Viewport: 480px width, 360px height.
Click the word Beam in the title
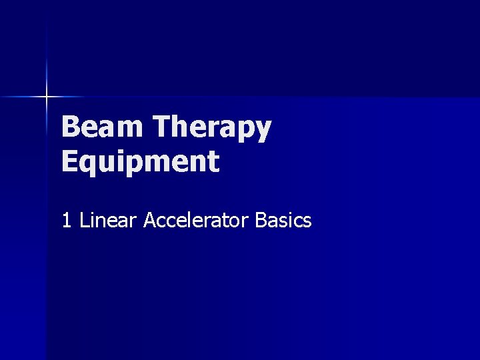click(103, 127)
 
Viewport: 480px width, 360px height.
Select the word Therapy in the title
click(212, 127)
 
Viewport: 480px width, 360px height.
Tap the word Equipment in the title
click(140, 162)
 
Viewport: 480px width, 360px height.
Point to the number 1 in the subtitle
click(66, 221)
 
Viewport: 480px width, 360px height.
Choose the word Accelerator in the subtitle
click(197, 221)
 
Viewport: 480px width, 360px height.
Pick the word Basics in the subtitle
click(283, 221)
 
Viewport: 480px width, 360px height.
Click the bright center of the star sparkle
click(47, 97)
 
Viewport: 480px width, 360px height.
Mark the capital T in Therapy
click(162, 127)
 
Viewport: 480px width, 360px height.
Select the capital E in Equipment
click(69, 161)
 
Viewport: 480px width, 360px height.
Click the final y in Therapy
click(263, 131)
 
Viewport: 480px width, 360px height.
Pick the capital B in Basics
click(261, 221)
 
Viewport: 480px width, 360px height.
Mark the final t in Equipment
click(213, 162)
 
